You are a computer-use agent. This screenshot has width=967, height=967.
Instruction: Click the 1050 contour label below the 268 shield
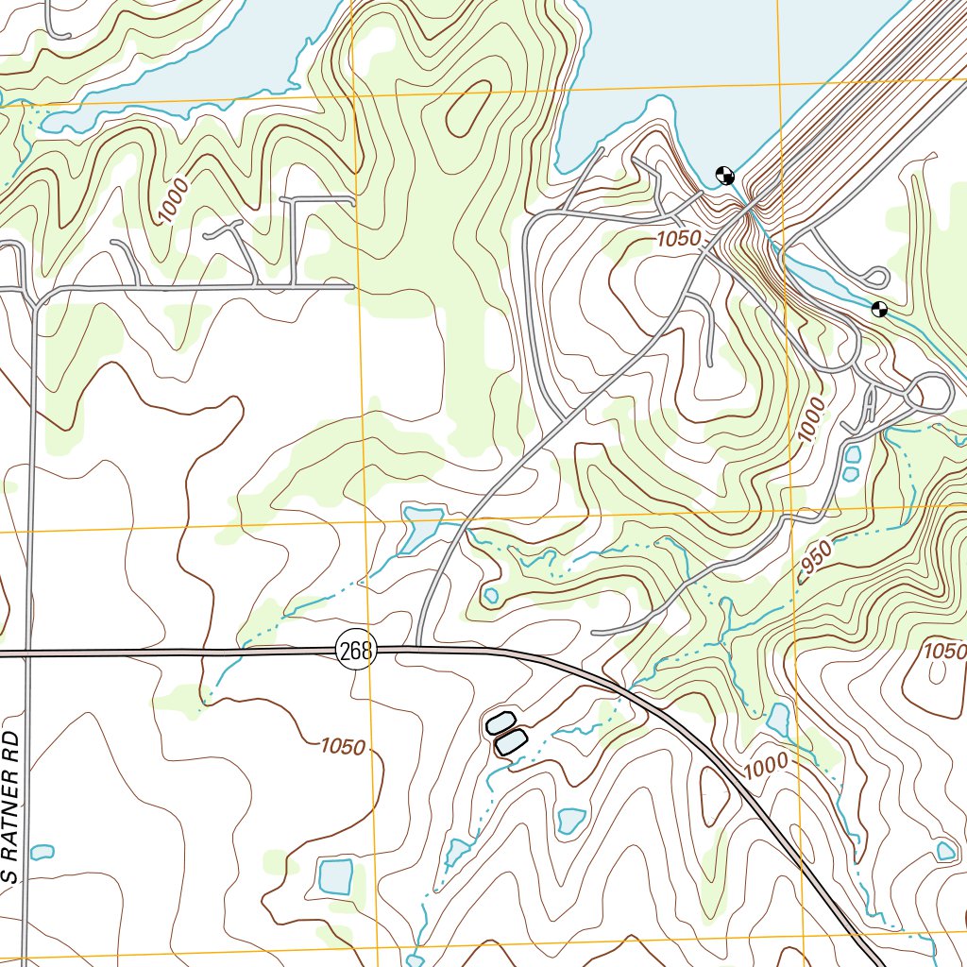point(342,747)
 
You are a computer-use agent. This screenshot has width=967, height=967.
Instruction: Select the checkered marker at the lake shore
point(725,174)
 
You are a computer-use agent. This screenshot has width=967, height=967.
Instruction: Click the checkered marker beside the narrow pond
point(879,309)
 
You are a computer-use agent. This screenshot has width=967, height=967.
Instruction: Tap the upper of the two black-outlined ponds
point(499,724)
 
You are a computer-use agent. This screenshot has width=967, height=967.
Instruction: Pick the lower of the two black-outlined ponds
point(510,741)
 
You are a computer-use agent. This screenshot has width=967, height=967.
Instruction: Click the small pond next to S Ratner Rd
point(42,852)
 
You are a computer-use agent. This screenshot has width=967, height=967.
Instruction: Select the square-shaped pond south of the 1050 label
point(335,876)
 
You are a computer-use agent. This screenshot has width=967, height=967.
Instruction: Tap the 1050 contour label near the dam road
point(679,240)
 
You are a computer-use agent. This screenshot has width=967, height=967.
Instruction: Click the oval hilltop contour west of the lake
point(467,109)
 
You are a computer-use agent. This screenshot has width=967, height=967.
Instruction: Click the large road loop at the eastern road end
point(930,392)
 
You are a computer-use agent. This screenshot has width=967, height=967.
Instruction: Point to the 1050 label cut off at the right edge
point(944,651)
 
